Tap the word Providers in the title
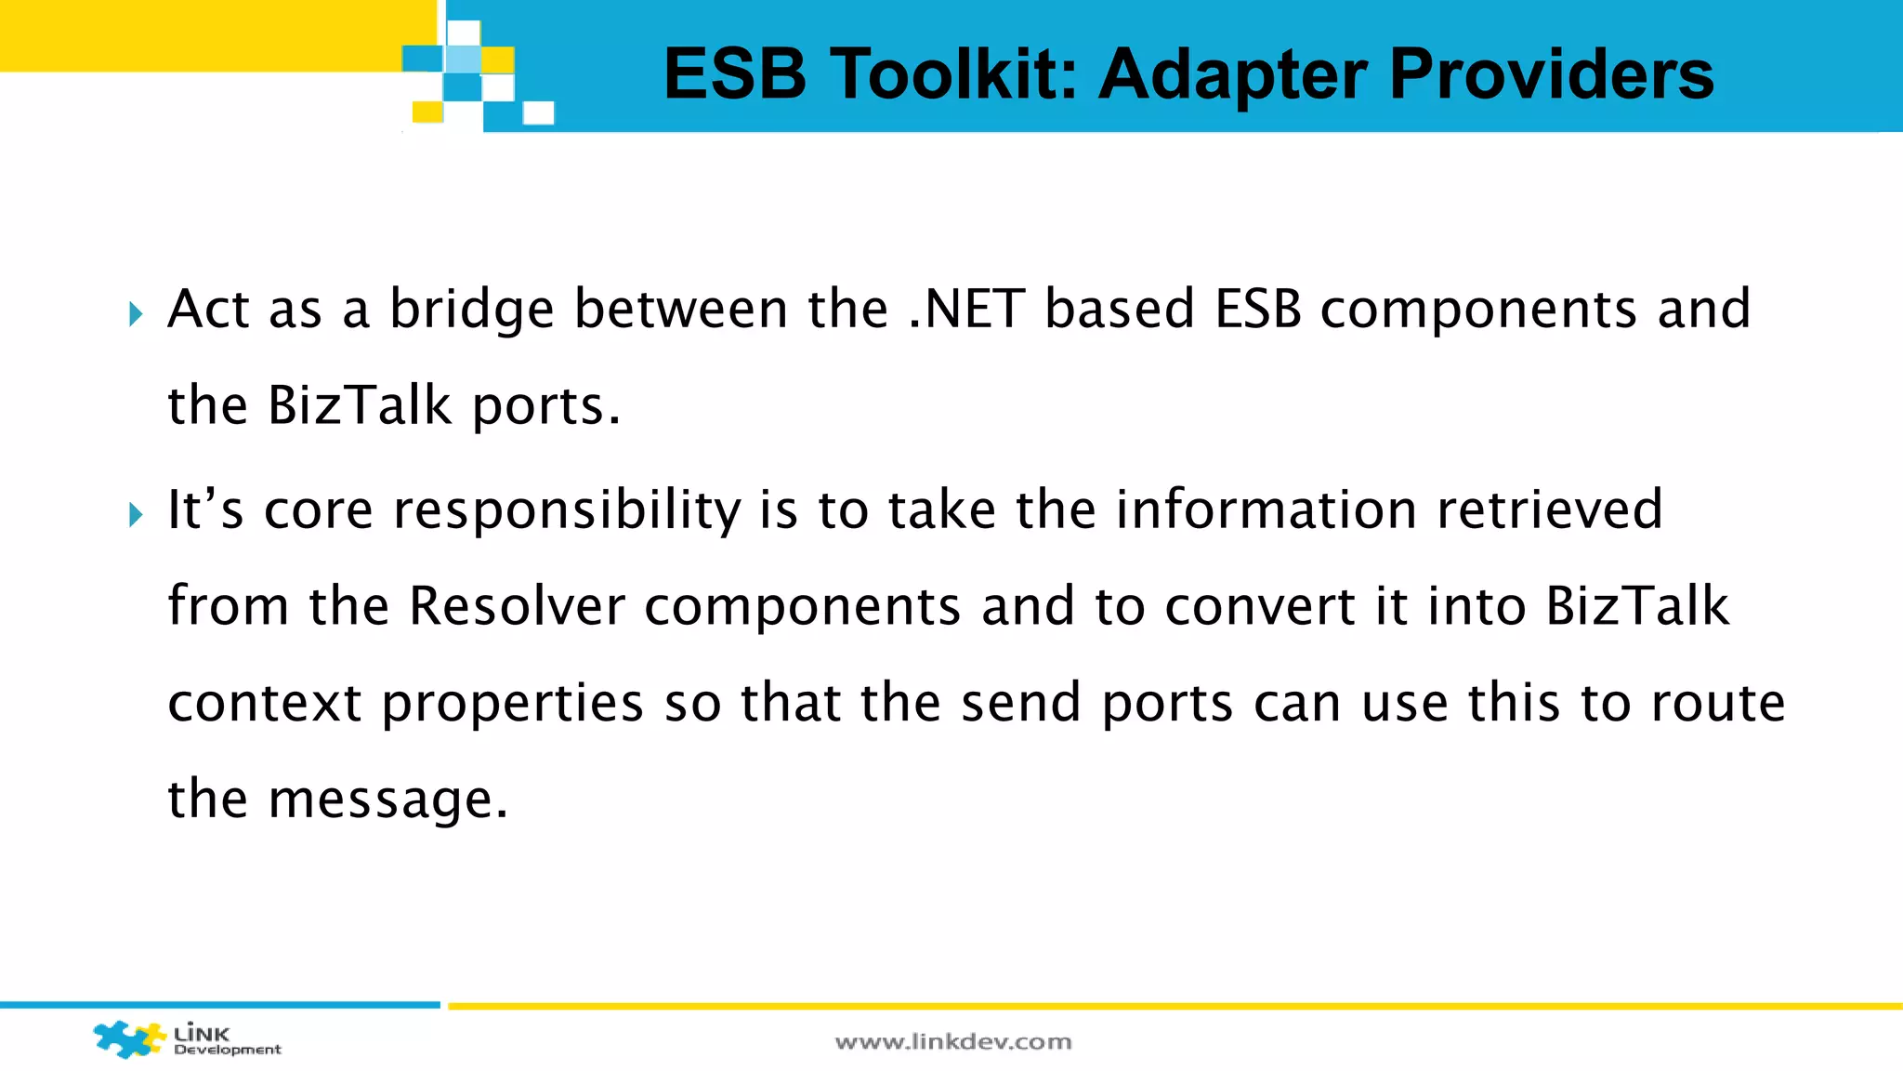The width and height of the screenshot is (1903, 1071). pyautogui.click(x=1552, y=74)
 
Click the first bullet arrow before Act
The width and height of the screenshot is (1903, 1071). pyautogui.click(x=137, y=313)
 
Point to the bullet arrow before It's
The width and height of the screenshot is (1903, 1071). pyautogui.click(x=137, y=514)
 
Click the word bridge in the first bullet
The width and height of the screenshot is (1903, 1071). pyautogui.click(x=471, y=310)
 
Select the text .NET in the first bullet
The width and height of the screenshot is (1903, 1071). pyautogui.click(x=966, y=310)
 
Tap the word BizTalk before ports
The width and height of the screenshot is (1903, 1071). pyautogui.click(x=360, y=406)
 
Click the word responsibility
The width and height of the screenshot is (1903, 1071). pyautogui.click(x=567, y=510)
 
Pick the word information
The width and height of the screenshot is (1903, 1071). pyautogui.click(x=1266, y=510)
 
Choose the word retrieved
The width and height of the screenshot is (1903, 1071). pyautogui.click(x=1550, y=510)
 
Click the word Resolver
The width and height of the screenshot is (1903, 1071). pyautogui.click(x=517, y=607)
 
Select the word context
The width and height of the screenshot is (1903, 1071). pyautogui.click(x=265, y=704)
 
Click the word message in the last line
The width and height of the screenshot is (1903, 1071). pyautogui.click(x=388, y=800)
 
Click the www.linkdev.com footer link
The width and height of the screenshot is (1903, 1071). pyautogui.click(x=953, y=1042)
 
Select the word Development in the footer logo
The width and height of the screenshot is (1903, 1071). pyautogui.click(x=228, y=1050)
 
